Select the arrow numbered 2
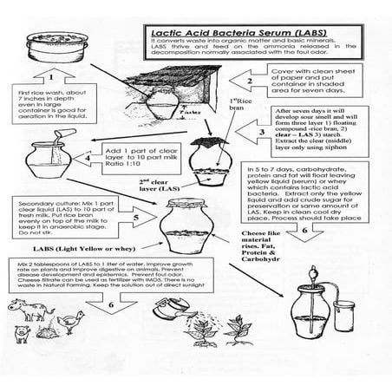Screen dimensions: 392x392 [x=250, y=82]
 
